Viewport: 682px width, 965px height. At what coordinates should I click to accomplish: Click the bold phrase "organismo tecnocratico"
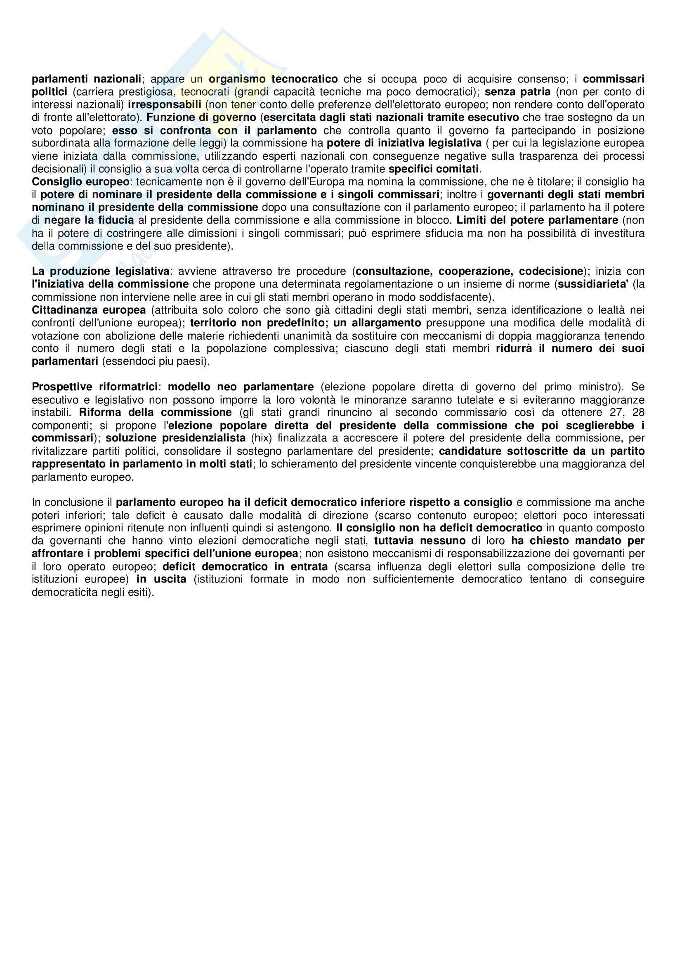tap(273, 79)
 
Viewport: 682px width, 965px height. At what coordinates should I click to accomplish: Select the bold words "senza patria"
tap(518, 92)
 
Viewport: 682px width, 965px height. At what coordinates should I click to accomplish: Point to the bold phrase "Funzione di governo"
tap(201, 117)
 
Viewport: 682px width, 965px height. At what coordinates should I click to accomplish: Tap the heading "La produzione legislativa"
tap(101, 271)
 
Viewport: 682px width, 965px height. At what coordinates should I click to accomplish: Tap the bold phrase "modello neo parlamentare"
tap(241, 387)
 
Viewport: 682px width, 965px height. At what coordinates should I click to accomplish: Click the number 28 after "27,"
tap(637, 412)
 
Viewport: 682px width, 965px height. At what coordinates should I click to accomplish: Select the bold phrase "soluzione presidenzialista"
tap(176, 438)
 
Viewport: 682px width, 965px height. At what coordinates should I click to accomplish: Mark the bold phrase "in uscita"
tap(161, 579)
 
